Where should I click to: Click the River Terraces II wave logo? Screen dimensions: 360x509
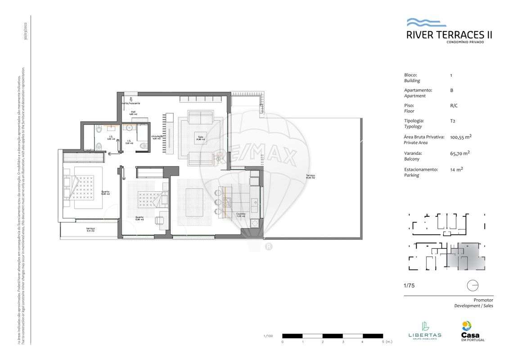[x=426, y=22]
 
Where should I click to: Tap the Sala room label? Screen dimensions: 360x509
[x=200, y=137]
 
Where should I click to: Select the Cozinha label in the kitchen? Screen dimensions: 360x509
[x=241, y=215]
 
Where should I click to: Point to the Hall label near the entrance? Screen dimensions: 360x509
[x=133, y=112]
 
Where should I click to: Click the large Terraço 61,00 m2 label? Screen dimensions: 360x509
[x=310, y=176]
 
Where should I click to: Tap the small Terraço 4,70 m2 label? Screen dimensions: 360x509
[x=90, y=229]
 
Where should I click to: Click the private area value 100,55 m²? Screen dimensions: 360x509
[x=460, y=137]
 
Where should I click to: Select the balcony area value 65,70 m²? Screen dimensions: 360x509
[x=459, y=153]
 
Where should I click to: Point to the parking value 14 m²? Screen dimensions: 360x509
[x=456, y=170]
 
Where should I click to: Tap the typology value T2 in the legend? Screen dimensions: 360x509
[x=452, y=121]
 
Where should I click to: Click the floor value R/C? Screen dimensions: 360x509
[x=453, y=106]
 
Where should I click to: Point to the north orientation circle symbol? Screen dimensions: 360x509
[x=473, y=285]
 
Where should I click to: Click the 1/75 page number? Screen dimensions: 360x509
[x=409, y=285]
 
